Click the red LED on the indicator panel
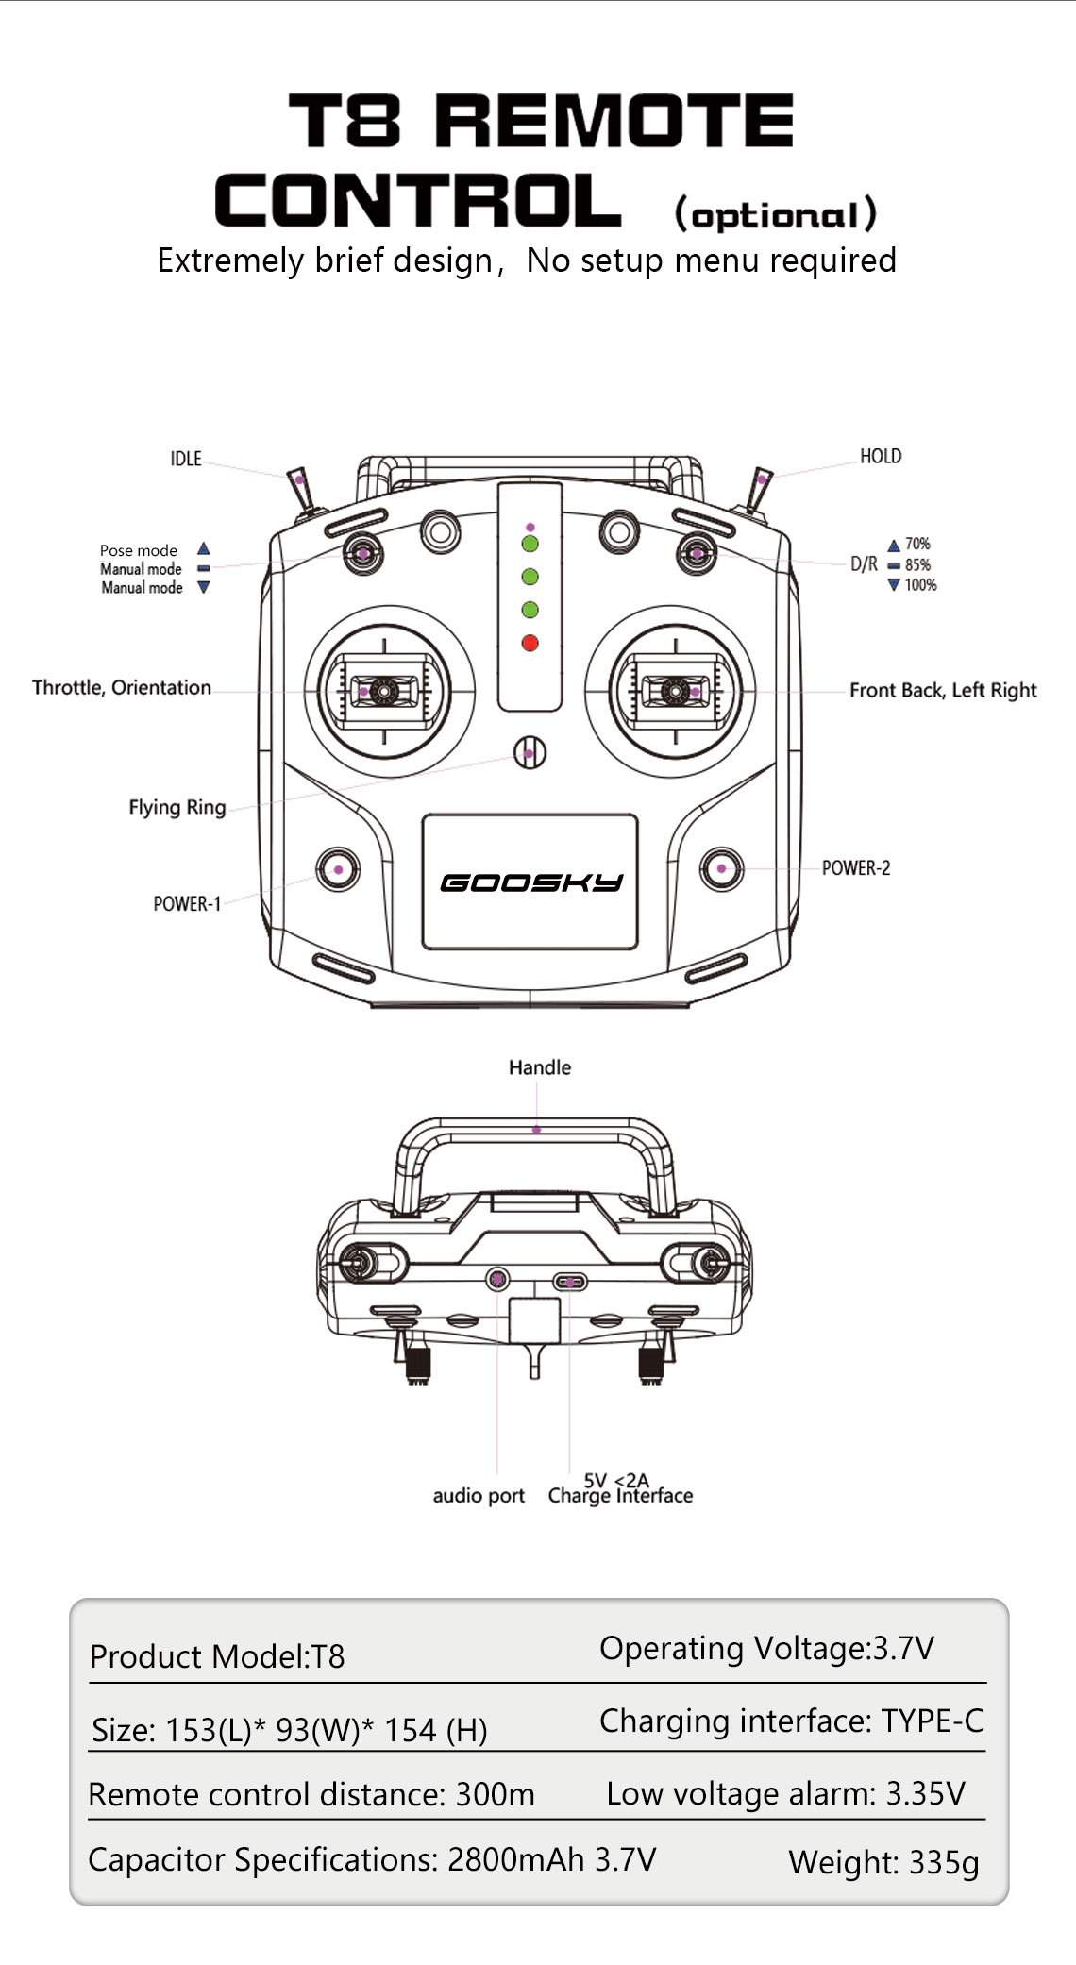click(x=530, y=643)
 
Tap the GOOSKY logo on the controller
click(x=531, y=882)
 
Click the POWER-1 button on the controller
click(x=337, y=868)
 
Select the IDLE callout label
click(x=186, y=459)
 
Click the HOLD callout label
click(x=881, y=457)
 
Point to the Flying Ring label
click(x=177, y=808)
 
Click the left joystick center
click(x=384, y=692)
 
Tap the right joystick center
click(x=675, y=692)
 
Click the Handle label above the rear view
click(x=540, y=1067)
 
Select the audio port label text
click(x=479, y=1496)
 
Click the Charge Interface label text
click(x=620, y=1496)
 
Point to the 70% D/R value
click(x=917, y=544)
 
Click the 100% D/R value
click(x=920, y=585)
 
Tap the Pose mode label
click(x=139, y=550)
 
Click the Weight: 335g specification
click(x=883, y=1862)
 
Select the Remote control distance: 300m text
click(x=311, y=1794)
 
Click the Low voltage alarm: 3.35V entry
click(x=785, y=1793)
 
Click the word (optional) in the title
click(x=776, y=214)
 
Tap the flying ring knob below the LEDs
click(x=530, y=752)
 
